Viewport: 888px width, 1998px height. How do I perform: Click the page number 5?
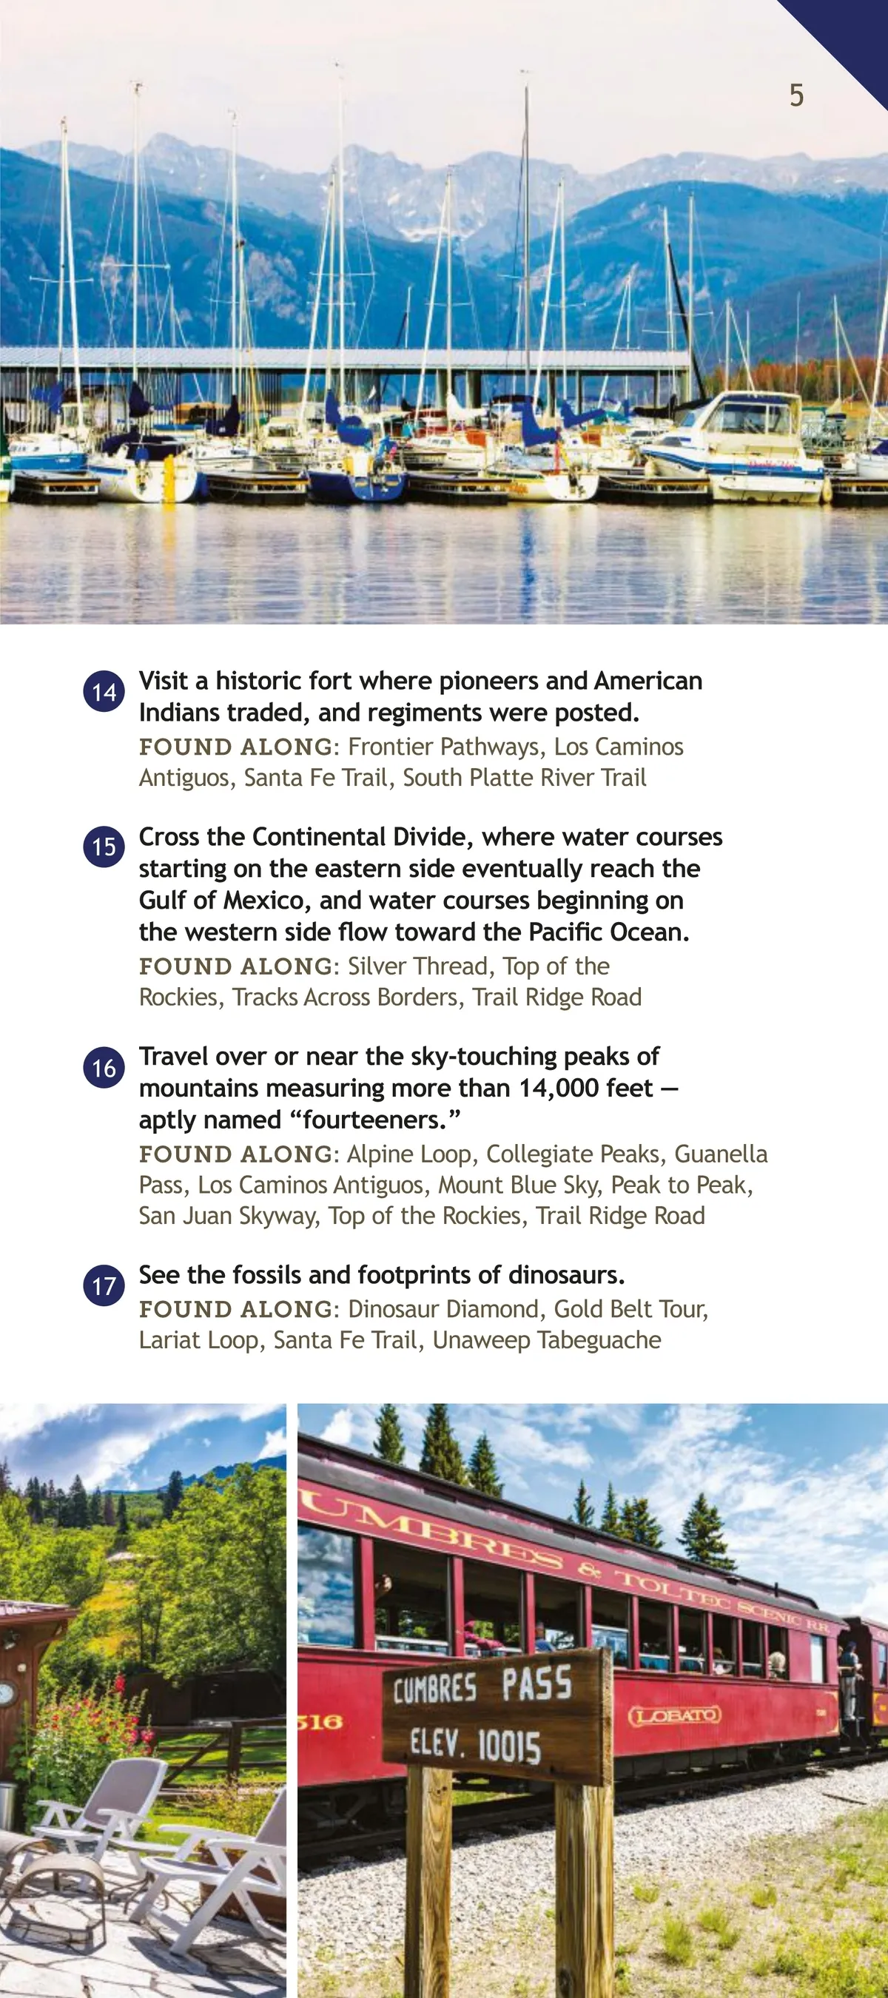click(x=796, y=95)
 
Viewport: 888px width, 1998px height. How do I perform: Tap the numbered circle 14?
click(x=104, y=692)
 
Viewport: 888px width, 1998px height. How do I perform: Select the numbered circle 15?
click(x=104, y=847)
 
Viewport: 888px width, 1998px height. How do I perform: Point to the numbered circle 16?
click(x=104, y=1068)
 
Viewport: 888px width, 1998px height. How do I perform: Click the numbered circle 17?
click(x=104, y=1287)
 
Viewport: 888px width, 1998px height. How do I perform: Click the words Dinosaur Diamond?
click(x=443, y=1309)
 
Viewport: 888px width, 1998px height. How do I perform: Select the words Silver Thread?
click(x=417, y=966)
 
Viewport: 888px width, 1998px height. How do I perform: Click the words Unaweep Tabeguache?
click(x=546, y=1340)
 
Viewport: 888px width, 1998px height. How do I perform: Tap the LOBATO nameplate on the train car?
click(x=674, y=1715)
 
